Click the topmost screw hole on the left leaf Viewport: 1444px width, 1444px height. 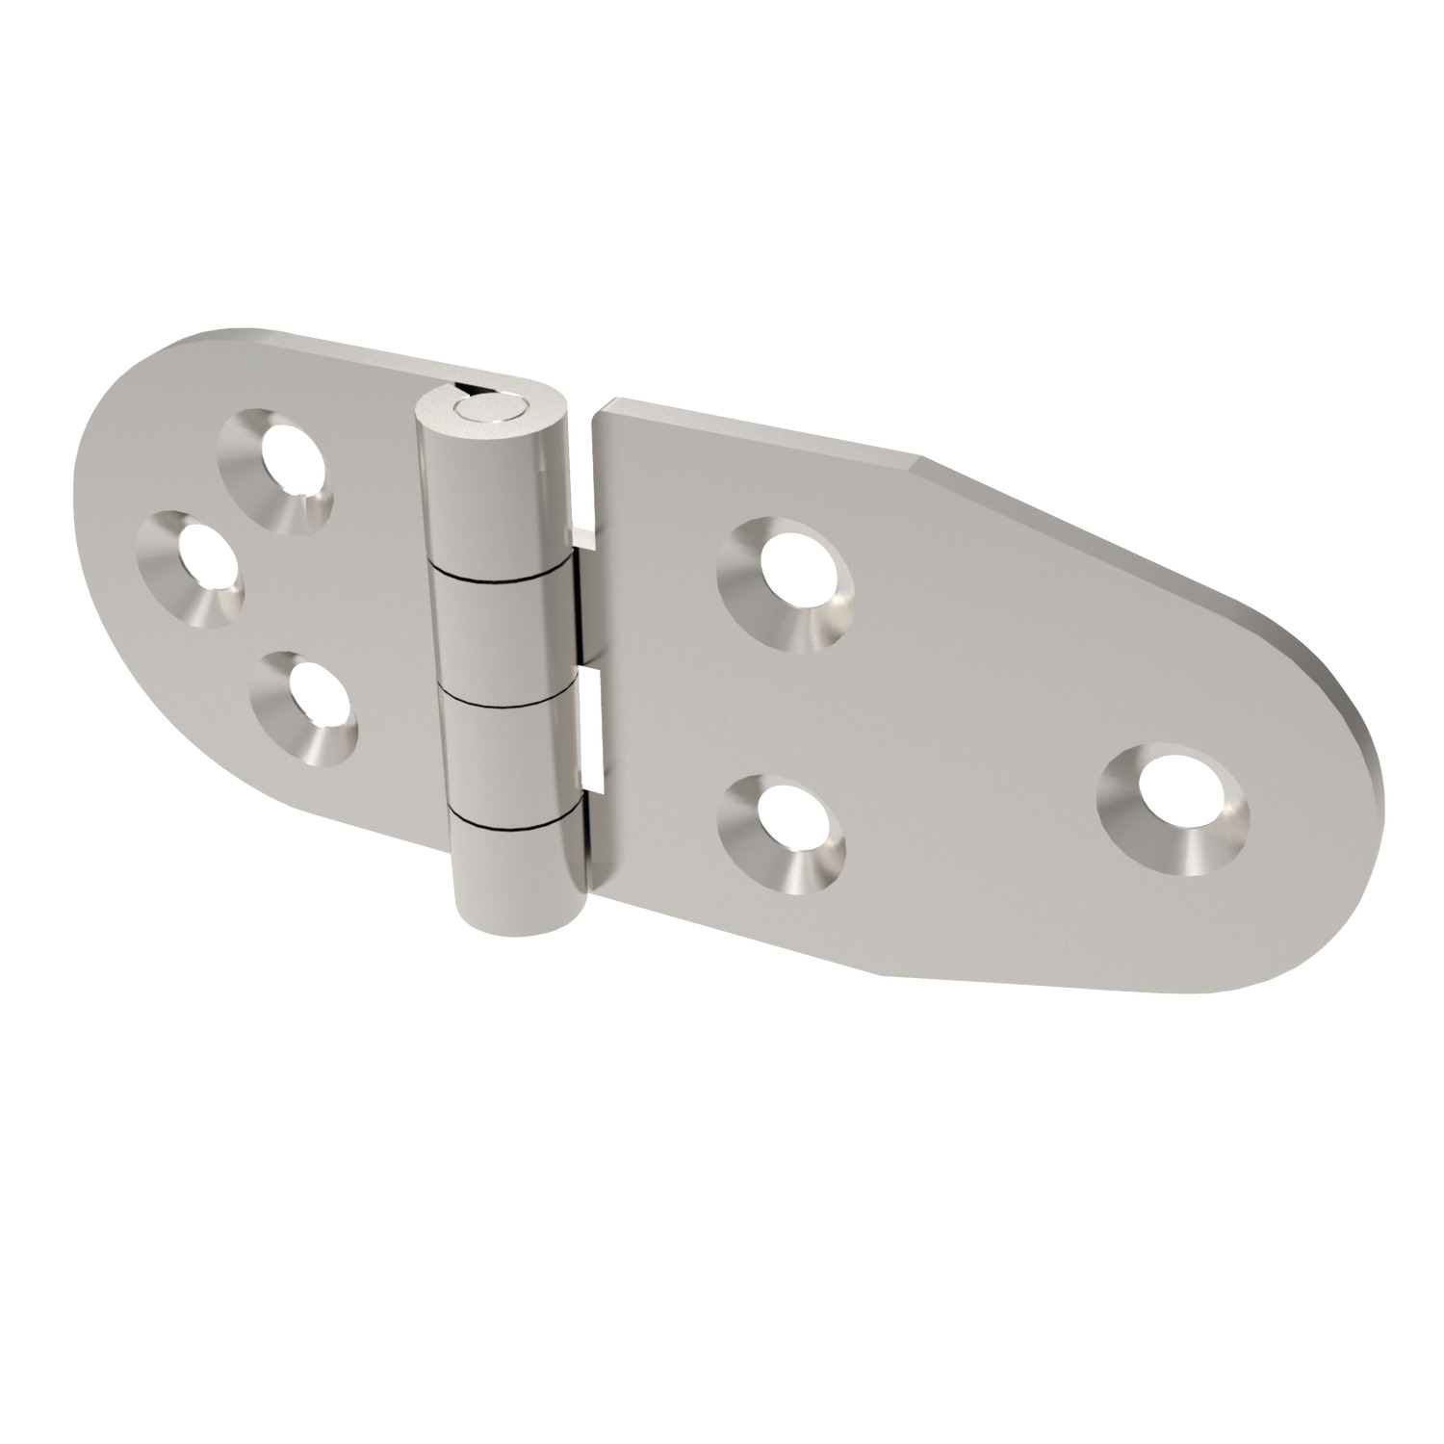click(276, 473)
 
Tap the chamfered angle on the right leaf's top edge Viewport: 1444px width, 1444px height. click(919, 460)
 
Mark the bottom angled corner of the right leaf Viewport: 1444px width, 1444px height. click(881, 945)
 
